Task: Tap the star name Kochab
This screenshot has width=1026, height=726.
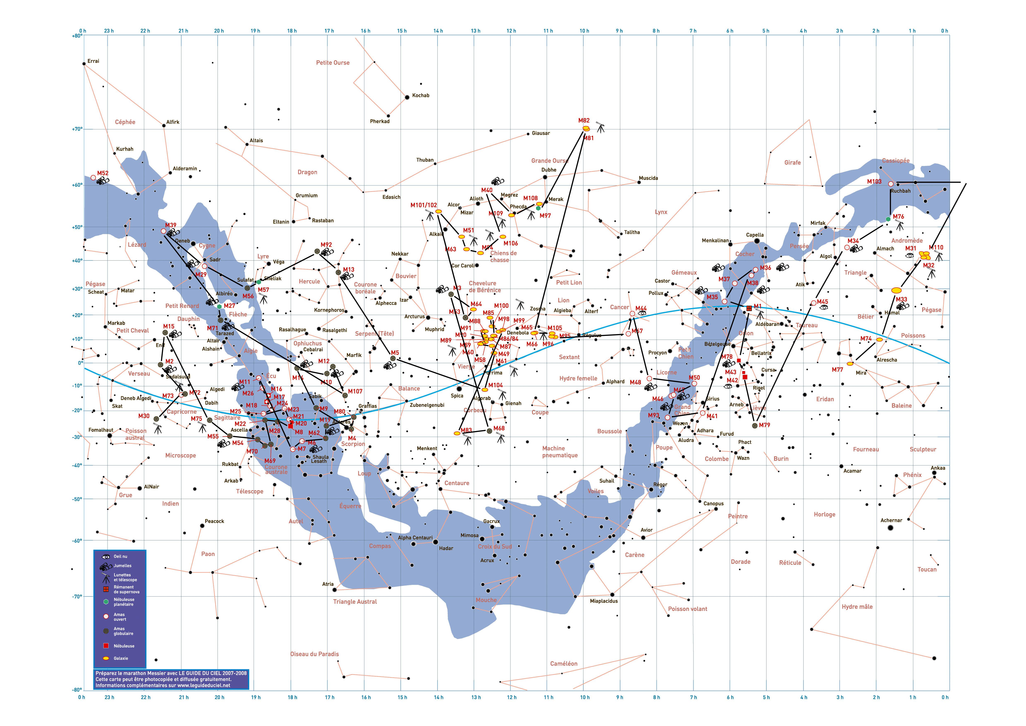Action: pyautogui.click(x=420, y=95)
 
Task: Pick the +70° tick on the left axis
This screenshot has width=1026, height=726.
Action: pyautogui.click(x=77, y=129)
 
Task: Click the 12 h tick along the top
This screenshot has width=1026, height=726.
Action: pyautogui.click(x=511, y=31)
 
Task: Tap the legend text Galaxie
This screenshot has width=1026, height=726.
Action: pyautogui.click(x=121, y=658)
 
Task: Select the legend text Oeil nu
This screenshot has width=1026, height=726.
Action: pyautogui.click(x=120, y=557)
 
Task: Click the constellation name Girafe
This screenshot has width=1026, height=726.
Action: pyautogui.click(x=792, y=163)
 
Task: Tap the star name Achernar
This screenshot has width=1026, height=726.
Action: pyautogui.click(x=891, y=520)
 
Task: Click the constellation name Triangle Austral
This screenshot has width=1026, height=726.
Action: pyautogui.click(x=355, y=602)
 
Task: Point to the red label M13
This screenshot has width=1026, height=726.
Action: pyautogui.click(x=348, y=270)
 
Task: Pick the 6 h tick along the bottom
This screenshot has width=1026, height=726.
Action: pyautogui.click(x=730, y=697)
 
